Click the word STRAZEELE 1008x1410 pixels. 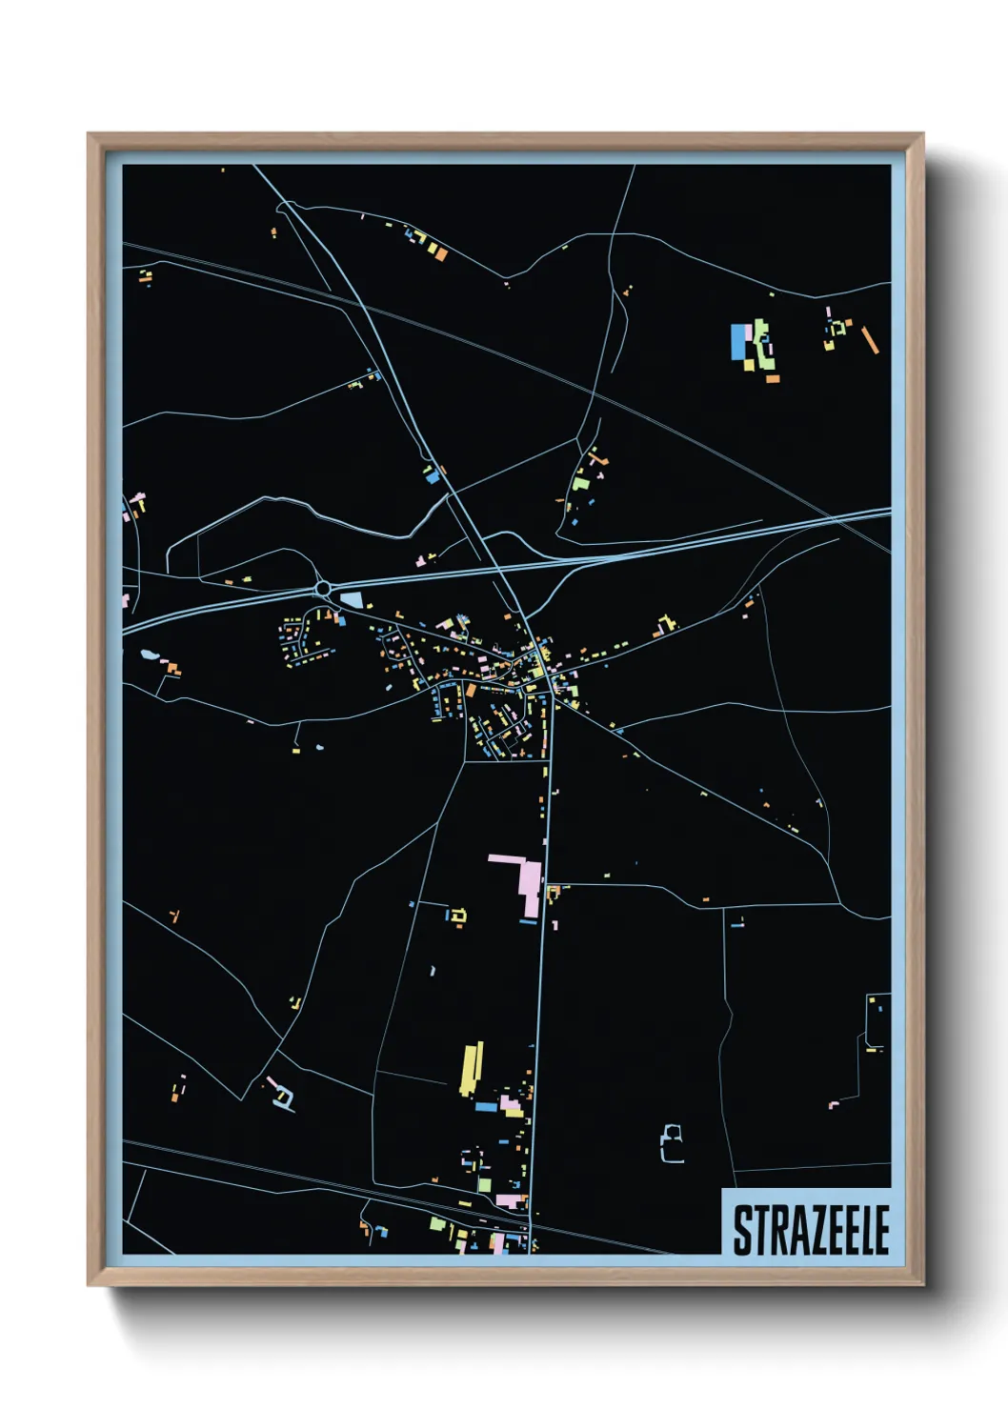point(811,1230)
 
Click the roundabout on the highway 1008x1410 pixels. point(323,589)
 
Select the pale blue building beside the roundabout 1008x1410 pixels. point(353,599)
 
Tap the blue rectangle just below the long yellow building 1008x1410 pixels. point(486,1107)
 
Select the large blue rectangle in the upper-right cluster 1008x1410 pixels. point(738,342)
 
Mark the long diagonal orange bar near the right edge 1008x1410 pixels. point(870,340)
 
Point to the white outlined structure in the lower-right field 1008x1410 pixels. point(673,1143)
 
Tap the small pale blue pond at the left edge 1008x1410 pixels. point(149,655)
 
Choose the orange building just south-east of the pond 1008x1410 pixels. point(172,669)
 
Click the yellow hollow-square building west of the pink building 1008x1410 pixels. point(458,916)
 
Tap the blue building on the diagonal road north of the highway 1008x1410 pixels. point(431,475)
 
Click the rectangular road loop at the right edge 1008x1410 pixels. point(877,1020)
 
